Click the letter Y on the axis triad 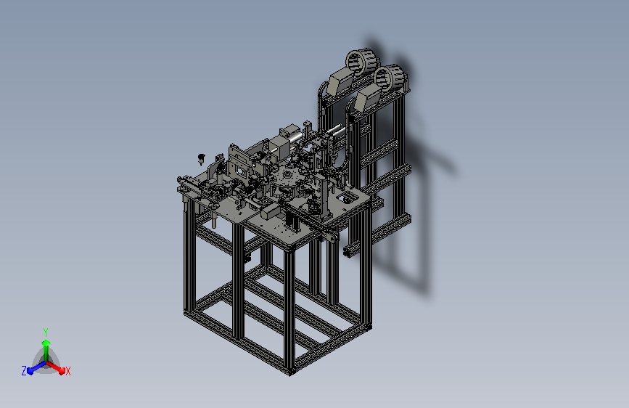(46, 332)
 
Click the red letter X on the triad (67, 371)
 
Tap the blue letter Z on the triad (24, 371)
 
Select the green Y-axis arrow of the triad (46, 350)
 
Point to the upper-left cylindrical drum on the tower (362, 62)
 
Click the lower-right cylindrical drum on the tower (390, 78)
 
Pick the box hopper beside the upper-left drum (340, 81)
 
